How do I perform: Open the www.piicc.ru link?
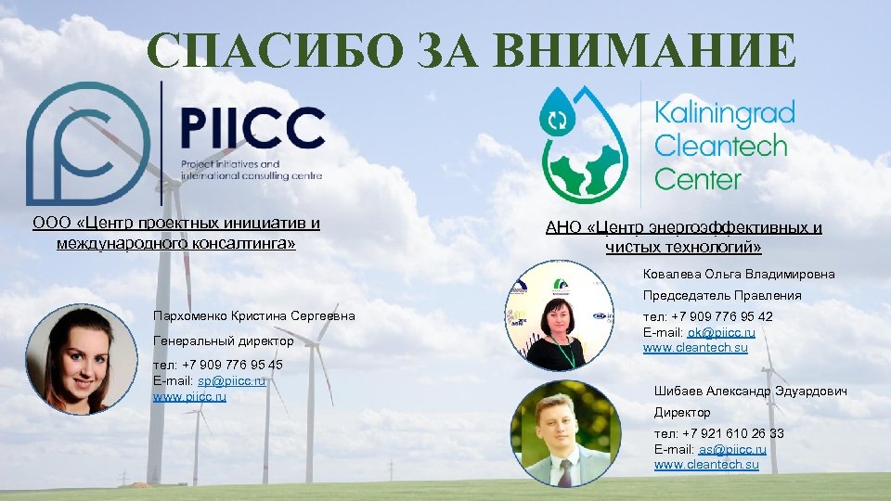tap(189, 396)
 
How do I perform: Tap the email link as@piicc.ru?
tap(732, 449)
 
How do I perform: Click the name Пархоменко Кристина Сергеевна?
tap(254, 316)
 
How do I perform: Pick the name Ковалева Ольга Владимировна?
tap(739, 274)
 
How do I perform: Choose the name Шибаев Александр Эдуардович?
tap(750, 392)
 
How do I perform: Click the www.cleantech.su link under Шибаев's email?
tap(706, 465)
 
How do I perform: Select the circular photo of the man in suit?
tap(561, 432)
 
